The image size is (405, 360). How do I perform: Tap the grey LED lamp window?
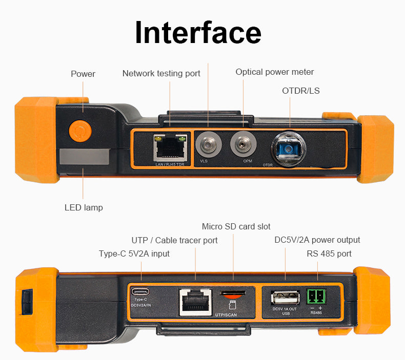pos(84,157)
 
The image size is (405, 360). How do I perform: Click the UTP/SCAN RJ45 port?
pos(195,302)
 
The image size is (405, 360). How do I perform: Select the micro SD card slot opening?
pos(233,293)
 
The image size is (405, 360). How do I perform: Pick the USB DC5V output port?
pos(285,298)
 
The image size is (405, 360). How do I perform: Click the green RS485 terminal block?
pos(316,297)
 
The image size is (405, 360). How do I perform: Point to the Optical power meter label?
pos(274,72)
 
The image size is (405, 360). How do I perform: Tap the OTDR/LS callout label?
pos(300,91)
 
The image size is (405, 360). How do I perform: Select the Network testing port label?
pos(161,74)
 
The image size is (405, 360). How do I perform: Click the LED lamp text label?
pos(84,207)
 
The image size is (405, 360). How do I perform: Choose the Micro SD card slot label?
pos(236,226)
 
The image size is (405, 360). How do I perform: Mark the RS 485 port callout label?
pos(329,253)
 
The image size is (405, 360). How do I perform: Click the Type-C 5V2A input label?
pos(134,253)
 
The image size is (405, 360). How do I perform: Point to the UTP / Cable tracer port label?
pos(174,240)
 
